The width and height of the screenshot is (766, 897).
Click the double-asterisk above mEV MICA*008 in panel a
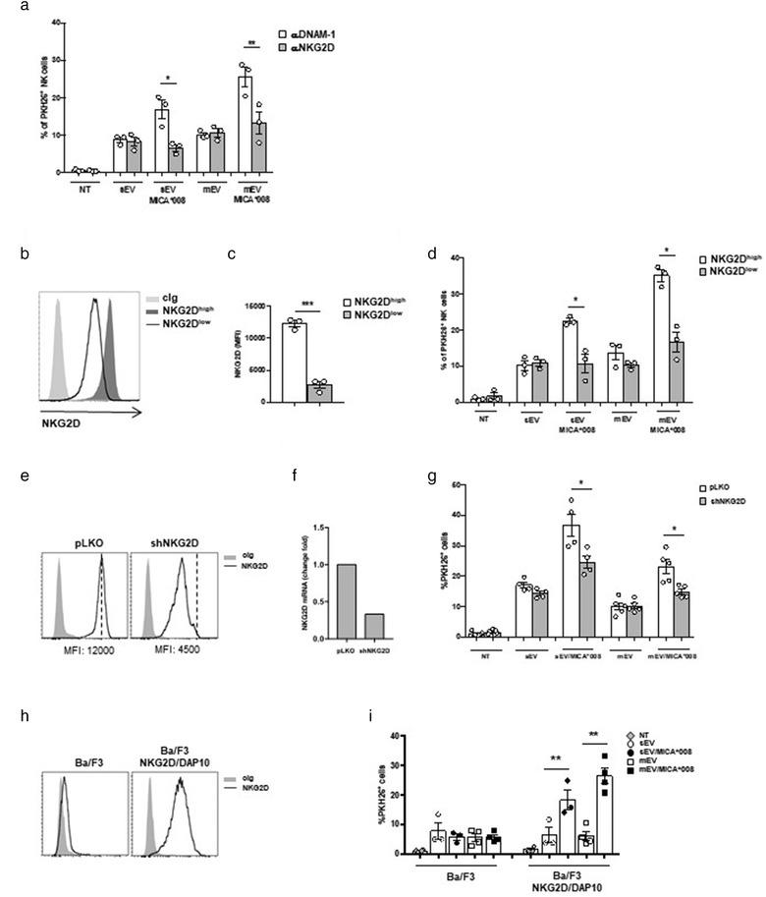pos(253,44)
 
